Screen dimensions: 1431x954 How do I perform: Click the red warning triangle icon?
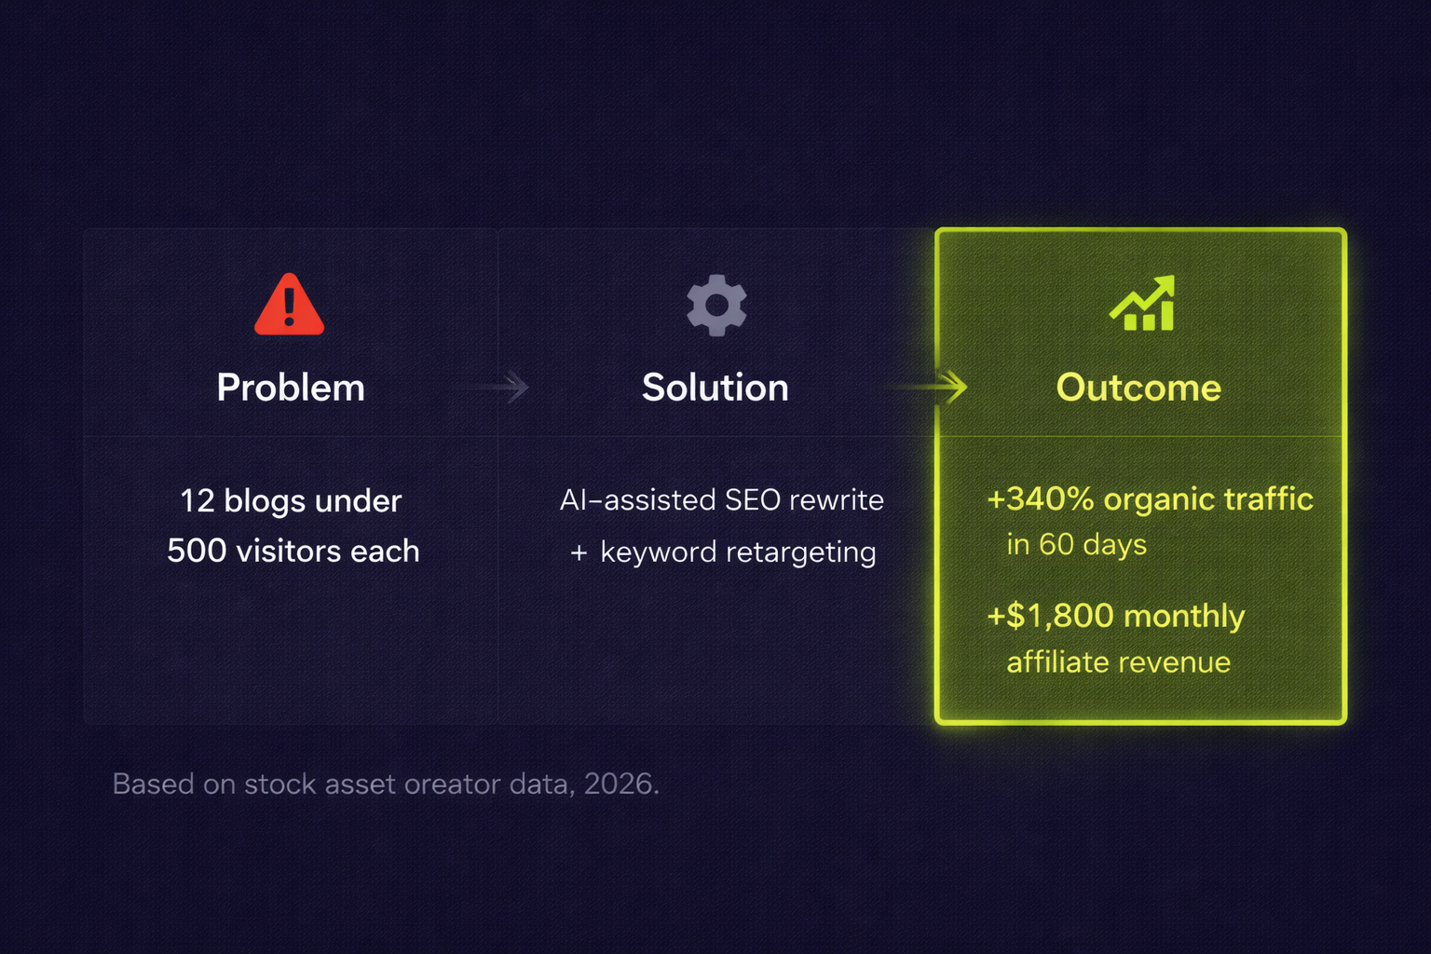point(290,305)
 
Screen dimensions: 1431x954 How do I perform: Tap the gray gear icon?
point(716,306)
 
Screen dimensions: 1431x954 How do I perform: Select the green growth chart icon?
point(1142,304)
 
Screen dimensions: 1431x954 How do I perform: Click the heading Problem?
point(291,388)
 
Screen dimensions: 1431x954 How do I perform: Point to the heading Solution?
point(715,388)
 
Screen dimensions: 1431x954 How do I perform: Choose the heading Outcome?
point(1138,388)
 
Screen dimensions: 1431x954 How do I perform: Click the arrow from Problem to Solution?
point(492,387)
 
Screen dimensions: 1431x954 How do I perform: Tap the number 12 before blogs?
point(197,501)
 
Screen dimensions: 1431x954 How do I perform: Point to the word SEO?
point(743,500)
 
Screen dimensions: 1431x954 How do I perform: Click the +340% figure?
point(1041,499)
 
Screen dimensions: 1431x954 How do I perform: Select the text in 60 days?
point(1076,545)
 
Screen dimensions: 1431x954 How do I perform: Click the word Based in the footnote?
point(154,784)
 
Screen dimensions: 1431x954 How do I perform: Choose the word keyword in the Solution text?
point(659,552)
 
